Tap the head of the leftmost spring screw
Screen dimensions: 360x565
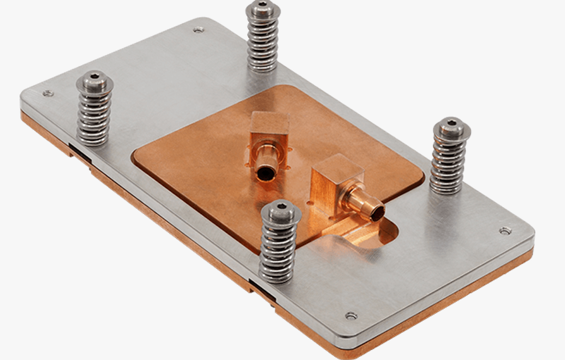(x=95, y=80)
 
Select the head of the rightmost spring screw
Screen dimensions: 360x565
(x=451, y=125)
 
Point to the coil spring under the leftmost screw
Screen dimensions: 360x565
(x=94, y=117)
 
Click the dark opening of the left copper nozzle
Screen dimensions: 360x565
(x=266, y=172)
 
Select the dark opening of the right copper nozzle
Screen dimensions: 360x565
(x=377, y=213)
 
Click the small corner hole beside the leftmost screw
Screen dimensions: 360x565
(x=47, y=93)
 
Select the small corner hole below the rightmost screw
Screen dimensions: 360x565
(x=505, y=231)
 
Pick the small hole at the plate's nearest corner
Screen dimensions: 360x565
(x=351, y=315)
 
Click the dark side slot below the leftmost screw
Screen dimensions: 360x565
(x=80, y=152)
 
